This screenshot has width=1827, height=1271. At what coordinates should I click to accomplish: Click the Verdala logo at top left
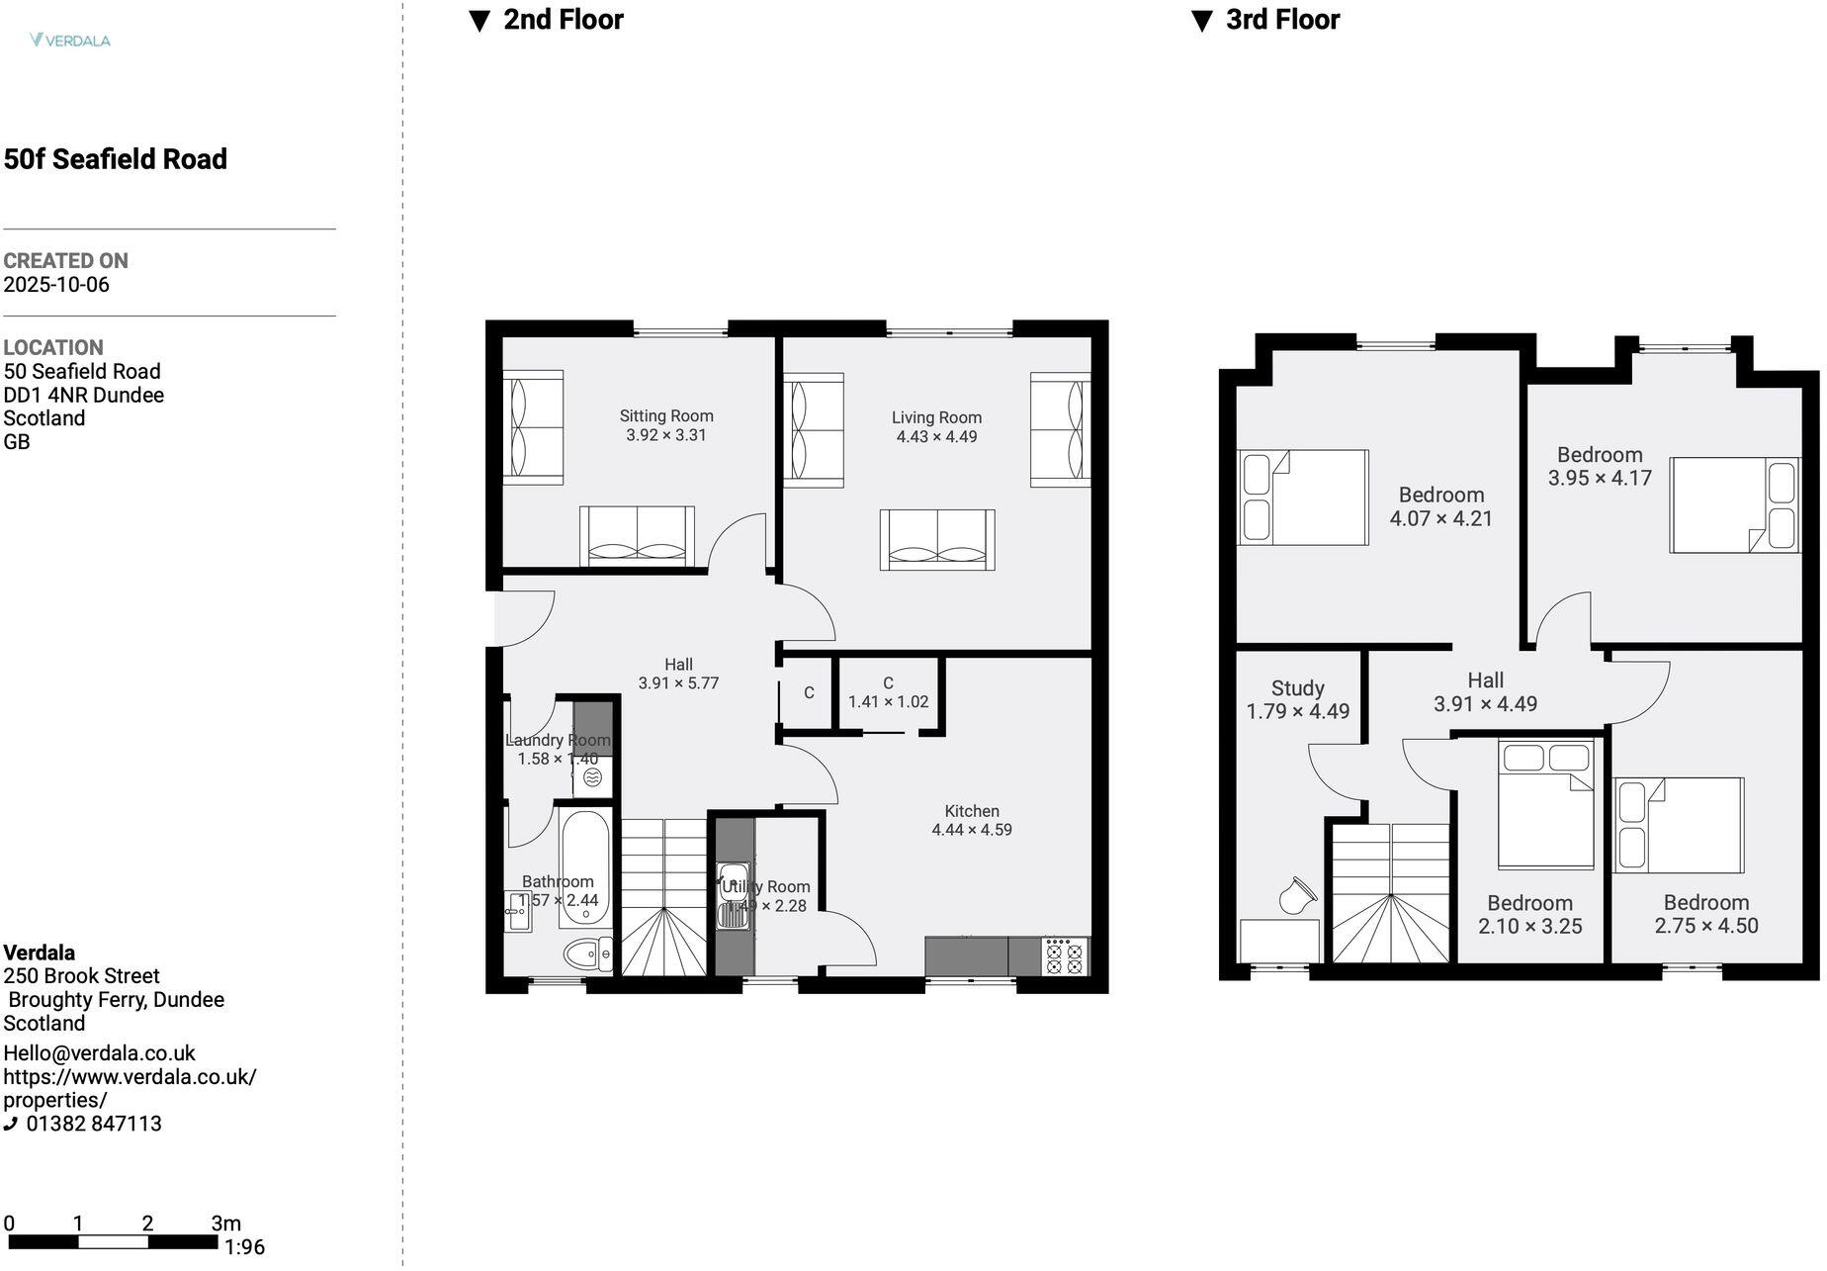pyautogui.click(x=70, y=41)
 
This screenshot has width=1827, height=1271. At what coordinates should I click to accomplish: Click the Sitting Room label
pyautogui.click(x=666, y=416)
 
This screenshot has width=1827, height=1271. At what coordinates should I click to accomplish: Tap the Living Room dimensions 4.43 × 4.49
pyautogui.click(x=936, y=437)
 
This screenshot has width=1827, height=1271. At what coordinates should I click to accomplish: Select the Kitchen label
pyautogui.click(x=971, y=811)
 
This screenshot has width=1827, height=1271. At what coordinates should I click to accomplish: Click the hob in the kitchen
pyautogui.click(x=1065, y=956)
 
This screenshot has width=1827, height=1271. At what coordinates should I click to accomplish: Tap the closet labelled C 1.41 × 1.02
pyautogui.click(x=888, y=692)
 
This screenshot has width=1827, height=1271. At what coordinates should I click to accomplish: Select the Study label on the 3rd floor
pyautogui.click(x=1297, y=688)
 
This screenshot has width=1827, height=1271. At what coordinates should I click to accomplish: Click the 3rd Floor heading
pyautogui.click(x=1281, y=20)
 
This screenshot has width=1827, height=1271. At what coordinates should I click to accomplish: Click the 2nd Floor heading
pyautogui.click(x=563, y=20)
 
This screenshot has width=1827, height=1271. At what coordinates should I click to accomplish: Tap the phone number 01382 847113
pyautogui.click(x=94, y=1124)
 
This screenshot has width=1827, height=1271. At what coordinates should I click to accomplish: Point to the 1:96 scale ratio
pyautogui.click(x=244, y=1247)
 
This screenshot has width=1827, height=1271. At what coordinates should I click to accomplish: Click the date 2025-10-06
pyautogui.click(x=56, y=285)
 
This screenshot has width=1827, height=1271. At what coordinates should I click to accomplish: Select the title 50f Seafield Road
pyautogui.click(x=116, y=159)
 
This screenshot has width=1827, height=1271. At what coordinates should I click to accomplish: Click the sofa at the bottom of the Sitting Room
pyautogui.click(x=637, y=537)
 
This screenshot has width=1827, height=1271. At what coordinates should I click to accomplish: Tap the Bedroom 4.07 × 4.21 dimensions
pyautogui.click(x=1440, y=518)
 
